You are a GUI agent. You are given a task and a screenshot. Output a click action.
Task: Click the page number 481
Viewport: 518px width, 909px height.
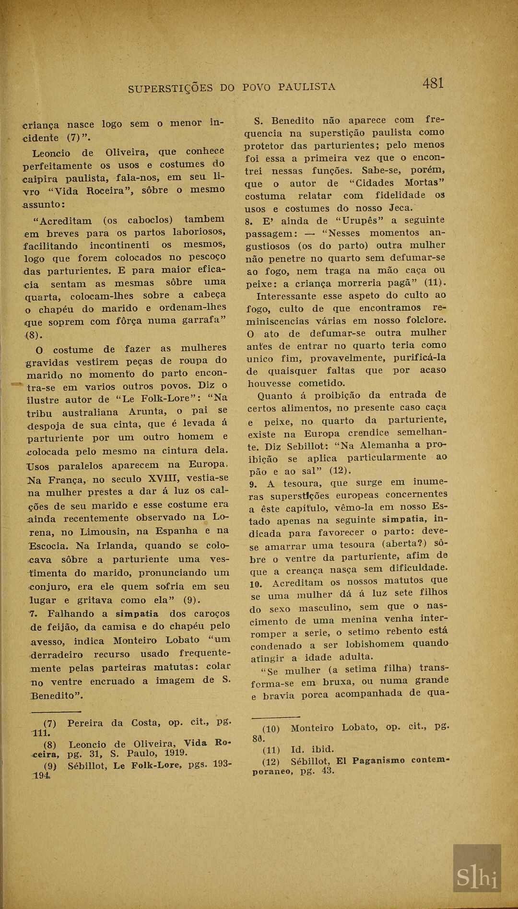433,83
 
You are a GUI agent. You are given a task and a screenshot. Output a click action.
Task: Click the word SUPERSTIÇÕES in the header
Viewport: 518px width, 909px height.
170,88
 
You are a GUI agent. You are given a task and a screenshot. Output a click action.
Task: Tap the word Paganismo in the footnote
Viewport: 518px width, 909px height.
377,761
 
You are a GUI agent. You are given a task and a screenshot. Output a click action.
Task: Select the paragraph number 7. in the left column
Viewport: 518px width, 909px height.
33,614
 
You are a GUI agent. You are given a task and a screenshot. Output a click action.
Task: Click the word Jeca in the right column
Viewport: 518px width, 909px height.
400,208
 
